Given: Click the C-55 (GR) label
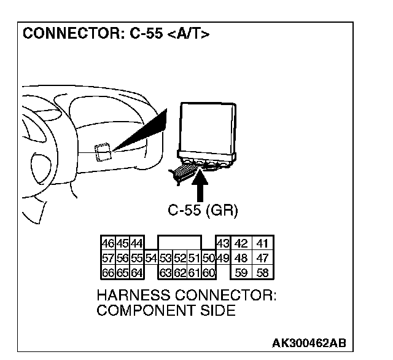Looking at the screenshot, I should pyautogui.click(x=203, y=210).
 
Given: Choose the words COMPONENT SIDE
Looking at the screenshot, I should pyautogui.click(x=166, y=310).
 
